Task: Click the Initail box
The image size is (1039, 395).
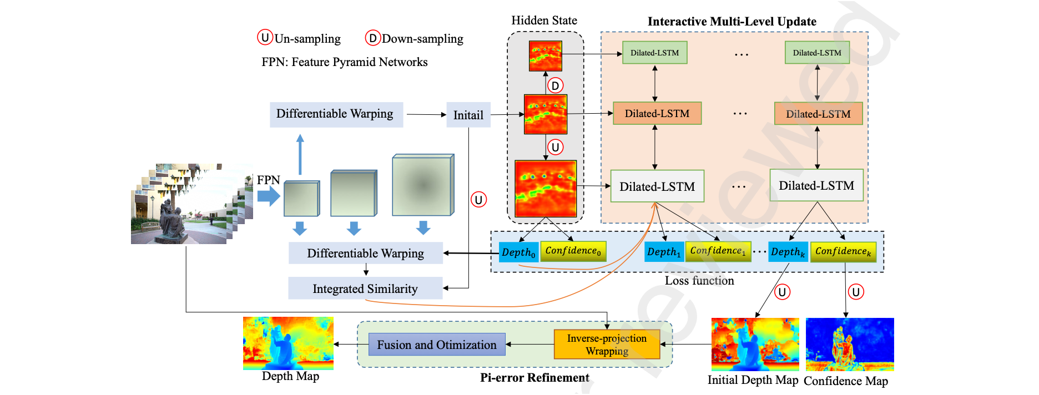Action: [x=468, y=115]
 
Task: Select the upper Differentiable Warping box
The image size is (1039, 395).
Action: [x=336, y=114]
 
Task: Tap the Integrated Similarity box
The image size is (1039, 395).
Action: [x=365, y=288]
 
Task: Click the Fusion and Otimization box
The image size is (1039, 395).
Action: [x=437, y=345]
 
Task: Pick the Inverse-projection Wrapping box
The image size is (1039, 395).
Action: [x=607, y=345]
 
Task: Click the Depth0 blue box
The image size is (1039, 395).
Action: [x=518, y=252]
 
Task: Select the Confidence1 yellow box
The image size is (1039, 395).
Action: [x=718, y=251]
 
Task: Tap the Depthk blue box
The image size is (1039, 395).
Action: [x=788, y=252]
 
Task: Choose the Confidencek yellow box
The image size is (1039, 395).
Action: [x=843, y=252]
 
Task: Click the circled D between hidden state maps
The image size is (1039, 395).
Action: [x=555, y=85]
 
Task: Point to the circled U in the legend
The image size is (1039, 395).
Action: [x=265, y=38]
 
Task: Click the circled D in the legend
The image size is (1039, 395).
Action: [x=372, y=38]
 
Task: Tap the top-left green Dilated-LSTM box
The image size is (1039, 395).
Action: [x=654, y=53]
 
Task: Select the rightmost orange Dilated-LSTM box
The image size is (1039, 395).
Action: [x=818, y=114]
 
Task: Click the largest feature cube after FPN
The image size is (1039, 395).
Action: [x=423, y=185]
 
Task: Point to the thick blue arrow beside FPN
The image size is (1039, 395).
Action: [x=269, y=195]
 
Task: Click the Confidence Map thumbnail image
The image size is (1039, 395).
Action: [x=849, y=345]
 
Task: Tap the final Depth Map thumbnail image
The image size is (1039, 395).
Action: [x=288, y=343]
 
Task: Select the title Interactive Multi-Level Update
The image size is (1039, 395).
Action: [x=732, y=22]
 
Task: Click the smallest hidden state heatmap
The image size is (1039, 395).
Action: [x=545, y=55]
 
